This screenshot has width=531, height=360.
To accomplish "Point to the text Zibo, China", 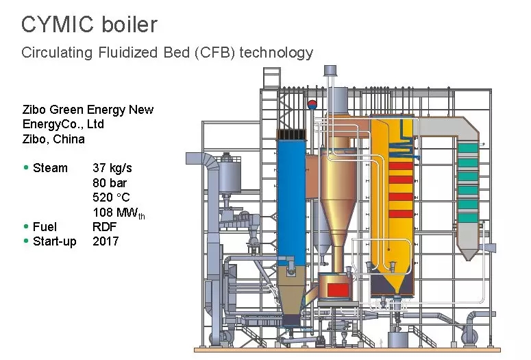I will click(x=54, y=139).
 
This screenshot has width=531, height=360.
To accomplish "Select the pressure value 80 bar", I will click(x=110, y=183).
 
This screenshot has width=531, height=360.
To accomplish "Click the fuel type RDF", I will click(x=104, y=227).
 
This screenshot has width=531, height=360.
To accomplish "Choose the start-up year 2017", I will click(x=106, y=241).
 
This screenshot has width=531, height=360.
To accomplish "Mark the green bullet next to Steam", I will click(x=26, y=167).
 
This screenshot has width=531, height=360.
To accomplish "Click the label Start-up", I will click(x=55, y=241).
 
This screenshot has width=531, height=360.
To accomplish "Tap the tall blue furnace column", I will click(x=291, y=199).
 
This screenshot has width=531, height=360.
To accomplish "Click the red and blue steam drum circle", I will click(x=312, y=105).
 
